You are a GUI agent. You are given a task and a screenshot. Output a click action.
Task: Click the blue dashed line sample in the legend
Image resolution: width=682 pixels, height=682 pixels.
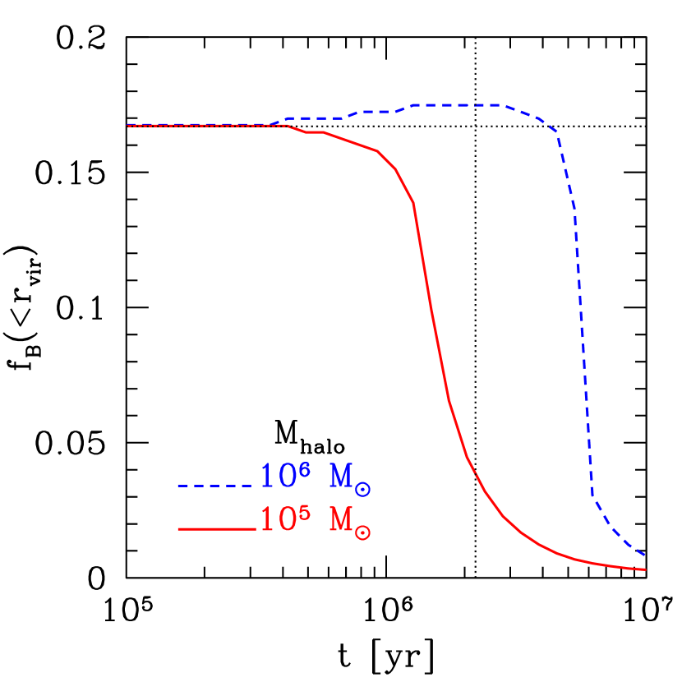[215, 486]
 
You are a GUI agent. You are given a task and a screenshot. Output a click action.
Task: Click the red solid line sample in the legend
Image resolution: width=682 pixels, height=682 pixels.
[216, 529]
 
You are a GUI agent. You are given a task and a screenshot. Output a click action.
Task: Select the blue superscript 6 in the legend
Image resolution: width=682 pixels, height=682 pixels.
[305, 469]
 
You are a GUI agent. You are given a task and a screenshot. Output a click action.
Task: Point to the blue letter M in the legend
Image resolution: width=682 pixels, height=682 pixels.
[341, 477]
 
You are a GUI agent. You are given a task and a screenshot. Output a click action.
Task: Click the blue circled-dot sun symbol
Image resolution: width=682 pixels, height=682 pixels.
[363, 490]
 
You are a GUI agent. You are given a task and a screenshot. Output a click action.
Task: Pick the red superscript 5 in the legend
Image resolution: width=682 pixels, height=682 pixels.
[305, 512]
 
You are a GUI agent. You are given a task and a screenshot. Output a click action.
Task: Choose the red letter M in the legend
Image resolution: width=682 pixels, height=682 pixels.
[341, 520]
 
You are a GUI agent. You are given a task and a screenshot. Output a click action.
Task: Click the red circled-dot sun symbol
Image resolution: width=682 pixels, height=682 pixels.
[363, 532]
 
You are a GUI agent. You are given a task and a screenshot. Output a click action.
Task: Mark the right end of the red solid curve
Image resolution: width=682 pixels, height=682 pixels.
[646, 569]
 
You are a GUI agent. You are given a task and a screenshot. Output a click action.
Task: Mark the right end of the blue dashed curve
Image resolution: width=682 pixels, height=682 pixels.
[646, 556]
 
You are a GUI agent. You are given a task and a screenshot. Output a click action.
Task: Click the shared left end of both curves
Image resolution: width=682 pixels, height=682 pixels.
[128, 126]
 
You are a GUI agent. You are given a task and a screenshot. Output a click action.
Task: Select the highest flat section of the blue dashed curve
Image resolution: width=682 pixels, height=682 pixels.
[456, 105]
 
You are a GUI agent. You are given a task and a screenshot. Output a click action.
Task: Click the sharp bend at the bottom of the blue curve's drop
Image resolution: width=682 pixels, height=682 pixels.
[592, 495]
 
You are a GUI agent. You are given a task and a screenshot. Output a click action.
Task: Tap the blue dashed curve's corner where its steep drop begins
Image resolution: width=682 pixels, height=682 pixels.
[558, 132]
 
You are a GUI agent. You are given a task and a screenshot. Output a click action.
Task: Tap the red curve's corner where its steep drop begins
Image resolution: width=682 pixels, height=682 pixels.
[413, 202]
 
